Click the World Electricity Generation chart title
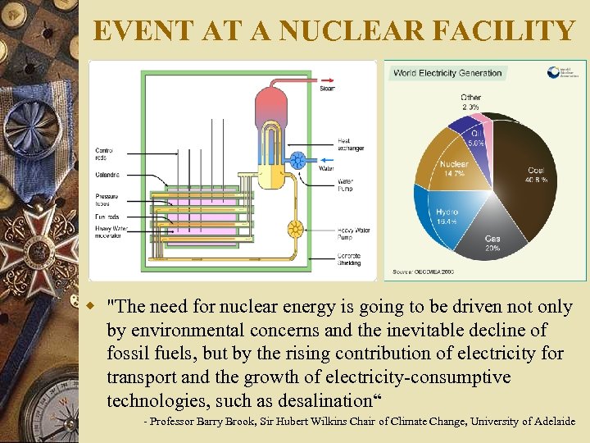coord(447,73)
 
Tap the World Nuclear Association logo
coord(565,72)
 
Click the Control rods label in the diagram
coord(106,153)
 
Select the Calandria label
coord(107,175)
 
